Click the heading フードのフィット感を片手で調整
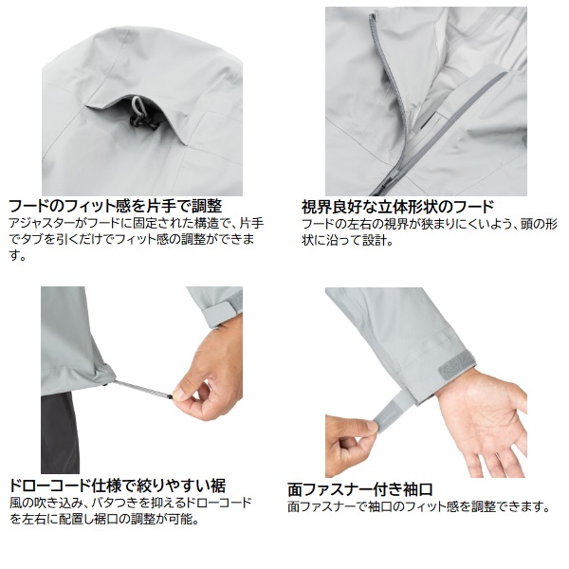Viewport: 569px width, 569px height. pyautogui.click(x=115, y=207)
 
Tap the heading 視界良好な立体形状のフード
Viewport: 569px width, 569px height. pyautogui.click(x=397, y=207)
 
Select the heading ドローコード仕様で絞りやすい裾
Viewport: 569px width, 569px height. pyautogui.click(x=117, y=486)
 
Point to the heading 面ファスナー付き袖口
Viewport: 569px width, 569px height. pyautogui.click(x=359, y=489)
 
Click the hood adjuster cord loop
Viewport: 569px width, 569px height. pyautogui.click(x=138, y=105)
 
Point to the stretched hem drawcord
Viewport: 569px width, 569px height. pyautogui.click(x=142, y=389)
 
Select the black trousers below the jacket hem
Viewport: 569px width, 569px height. pyautogui.click(x=60, y=433)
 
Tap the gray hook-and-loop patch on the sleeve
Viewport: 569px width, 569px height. pyautogui.click(x=457, y=365)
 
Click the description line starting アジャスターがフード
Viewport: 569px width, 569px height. pyautogui.click(x=136, y=223)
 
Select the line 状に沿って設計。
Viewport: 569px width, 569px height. pyautogui.click(x=347, y=240)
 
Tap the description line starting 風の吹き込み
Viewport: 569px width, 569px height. pyautogui.click(x=130, y=503)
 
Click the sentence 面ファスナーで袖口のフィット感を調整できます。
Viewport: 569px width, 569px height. pyautogui.click(x=419, y=506)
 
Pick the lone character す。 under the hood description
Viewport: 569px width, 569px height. pyautogui.click(x=17, y=256)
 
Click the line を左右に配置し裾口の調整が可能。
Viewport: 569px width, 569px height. pyautogui.click(x=104, y=519)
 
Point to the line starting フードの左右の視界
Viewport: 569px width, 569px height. pyautogui.click(x=429, y=224)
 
